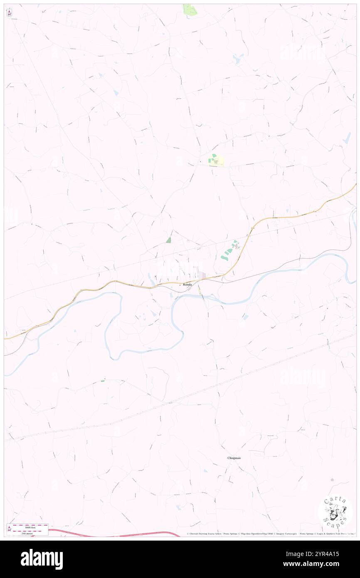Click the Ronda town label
pyautogui.click(x=187, y=284)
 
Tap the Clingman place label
pyautogui.click(x=234, y=458)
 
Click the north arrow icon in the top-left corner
pyautogui.click(x=9, y=13)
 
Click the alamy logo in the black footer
pyautogui.click(x=42, y=559)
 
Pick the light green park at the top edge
pyautogui.click(x=190, y=10)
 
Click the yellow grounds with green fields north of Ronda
pyautogui.click(x=216, y=161)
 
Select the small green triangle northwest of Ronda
pyautogui.click(x=168, y=240)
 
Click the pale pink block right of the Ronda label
pyautogui.click(x=202, y=275)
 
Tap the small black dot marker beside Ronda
pyautogui.click(x=180, y=285)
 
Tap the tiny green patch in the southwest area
pyautogui.click(x=103, y=380)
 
